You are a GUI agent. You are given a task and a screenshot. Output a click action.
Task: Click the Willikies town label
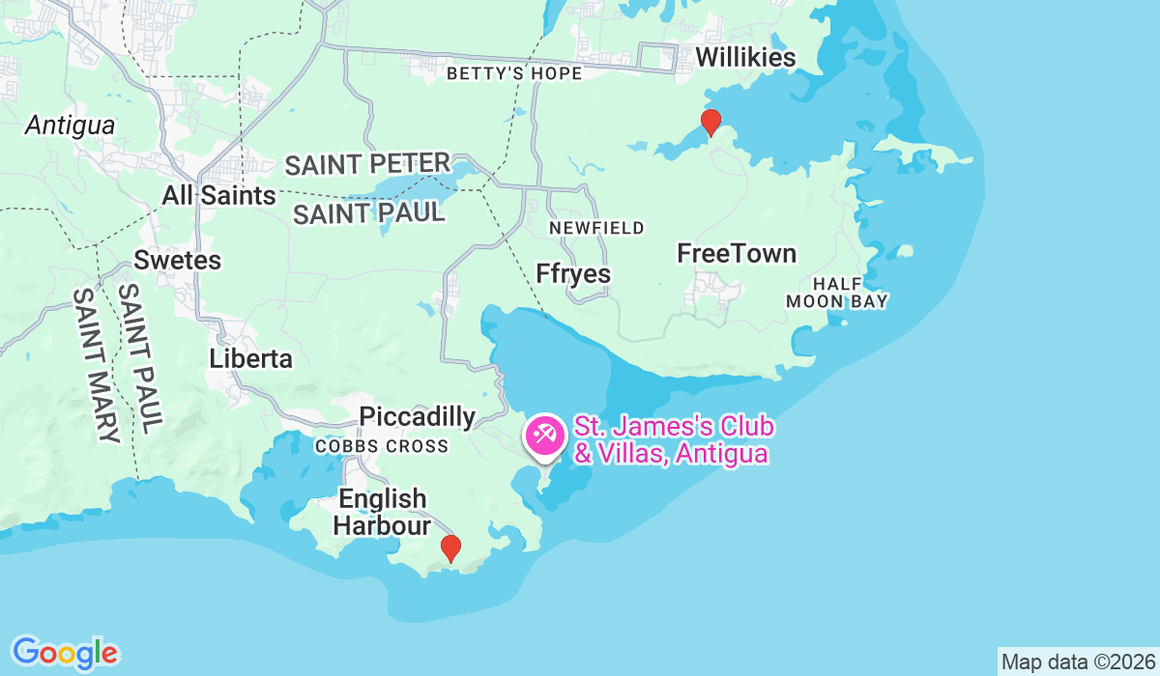[745, 58]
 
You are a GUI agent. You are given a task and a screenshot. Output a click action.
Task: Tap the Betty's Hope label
[514, 73]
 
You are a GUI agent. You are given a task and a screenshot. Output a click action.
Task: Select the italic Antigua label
[71, 126]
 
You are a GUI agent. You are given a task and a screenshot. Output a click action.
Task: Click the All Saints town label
[218, 196]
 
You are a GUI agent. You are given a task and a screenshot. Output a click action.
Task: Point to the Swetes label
[178, 261]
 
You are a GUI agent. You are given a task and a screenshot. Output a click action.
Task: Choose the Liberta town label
[251, 359]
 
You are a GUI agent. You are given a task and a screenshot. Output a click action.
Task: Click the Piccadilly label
[417, 417]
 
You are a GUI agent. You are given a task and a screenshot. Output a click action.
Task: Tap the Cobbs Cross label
[382, 446]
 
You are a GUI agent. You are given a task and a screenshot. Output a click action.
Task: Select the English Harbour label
[383, 513]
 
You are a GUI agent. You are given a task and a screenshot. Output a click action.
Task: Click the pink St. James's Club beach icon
[543, 435]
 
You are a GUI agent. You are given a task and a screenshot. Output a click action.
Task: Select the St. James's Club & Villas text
[673, 440]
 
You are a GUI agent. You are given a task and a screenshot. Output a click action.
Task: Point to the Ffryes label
[573, 274]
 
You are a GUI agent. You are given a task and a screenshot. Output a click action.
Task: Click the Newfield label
[596, 228]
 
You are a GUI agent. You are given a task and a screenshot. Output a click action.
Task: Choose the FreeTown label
[737, 254]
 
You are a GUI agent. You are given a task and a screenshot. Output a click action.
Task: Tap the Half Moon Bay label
[837, 292]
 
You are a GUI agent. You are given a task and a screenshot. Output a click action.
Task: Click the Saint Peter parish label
[367, 165]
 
